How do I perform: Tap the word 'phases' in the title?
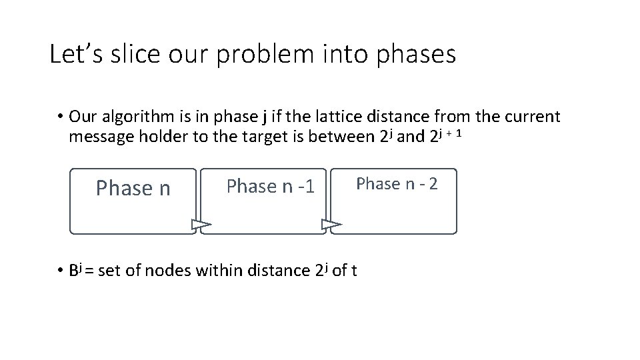click(416, 55)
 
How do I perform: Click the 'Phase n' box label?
click(133, 189)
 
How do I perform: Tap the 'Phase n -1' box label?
click(270, 186)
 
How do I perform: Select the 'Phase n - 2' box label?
click(397, 183)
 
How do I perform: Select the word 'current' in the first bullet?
click(527, 117)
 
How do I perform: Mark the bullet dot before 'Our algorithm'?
click(59, 118)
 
